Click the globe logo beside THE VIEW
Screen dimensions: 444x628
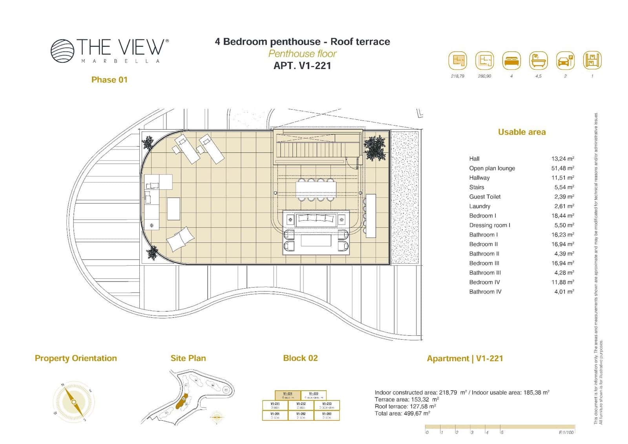pyautogui.click(x=62, y=50)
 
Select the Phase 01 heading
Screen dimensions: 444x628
pyautogui.click(x=109, y=80)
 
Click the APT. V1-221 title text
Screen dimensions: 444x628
pyautogui.click(x=302, y=66)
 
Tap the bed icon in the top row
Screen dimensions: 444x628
pyautogui.click(x=511, y=61)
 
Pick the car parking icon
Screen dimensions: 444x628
pyautogui.click(x=565, y=61)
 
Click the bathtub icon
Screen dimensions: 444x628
pyautogui.click(x=538, y=61)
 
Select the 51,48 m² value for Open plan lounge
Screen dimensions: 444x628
pyautogui.click(x=562, y=168)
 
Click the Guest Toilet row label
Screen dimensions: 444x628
pyautogui.click(x=485, y=197)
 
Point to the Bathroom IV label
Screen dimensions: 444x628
pyautogui.click(x=485, y=292)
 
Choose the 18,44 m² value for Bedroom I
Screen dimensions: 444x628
pyautogui.click(x=562, y=216)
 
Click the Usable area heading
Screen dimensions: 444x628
pyautogui.click(x=522, y=132)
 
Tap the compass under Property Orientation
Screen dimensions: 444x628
pyautogui.click(x=74, y=402)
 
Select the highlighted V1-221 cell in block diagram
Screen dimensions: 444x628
pyautogui.click(x=288, y=395)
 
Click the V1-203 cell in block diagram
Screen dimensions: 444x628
pyautogui.click(x=327, y=415)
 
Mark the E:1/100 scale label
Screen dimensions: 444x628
pyautogui.click(x=566, y=432)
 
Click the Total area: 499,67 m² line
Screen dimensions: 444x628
pyautogui.click(x=402, y=413)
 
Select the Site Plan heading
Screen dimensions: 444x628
pyautogui.click(x=188, y=358)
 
